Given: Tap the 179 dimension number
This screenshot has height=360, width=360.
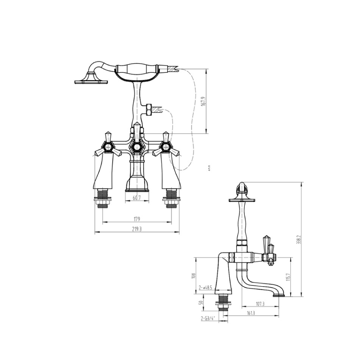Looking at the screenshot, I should tap(137, 219).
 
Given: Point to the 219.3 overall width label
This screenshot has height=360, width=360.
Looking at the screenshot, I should tap(137, 229).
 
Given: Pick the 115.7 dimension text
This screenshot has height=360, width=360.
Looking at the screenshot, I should tap(288, 277).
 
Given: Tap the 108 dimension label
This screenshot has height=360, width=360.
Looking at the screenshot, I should tap(193, 275).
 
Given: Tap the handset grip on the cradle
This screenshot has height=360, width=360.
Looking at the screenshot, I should tap(136, 68).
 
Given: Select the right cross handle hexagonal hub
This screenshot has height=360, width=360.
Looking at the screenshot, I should tap(166, 147).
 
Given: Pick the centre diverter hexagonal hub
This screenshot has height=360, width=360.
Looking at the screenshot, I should tap(137, 146).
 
